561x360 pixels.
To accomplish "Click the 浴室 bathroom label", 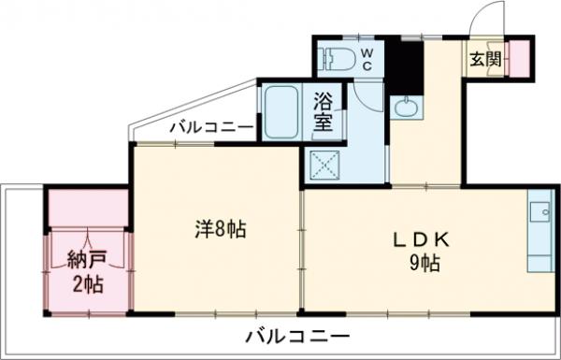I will click(324, 109).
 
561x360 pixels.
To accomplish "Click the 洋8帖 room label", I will click(221, 229).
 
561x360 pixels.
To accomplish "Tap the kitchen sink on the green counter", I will click(540, 213).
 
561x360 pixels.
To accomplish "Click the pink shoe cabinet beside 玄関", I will click(517, 59).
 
